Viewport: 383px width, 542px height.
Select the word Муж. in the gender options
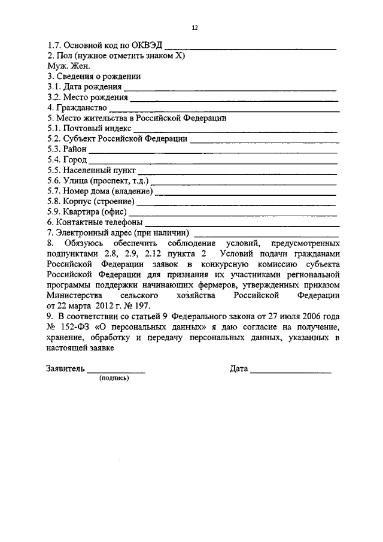point(57,66)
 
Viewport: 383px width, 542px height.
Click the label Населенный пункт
point(92,170)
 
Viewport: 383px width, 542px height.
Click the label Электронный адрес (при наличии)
point(123,232)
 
